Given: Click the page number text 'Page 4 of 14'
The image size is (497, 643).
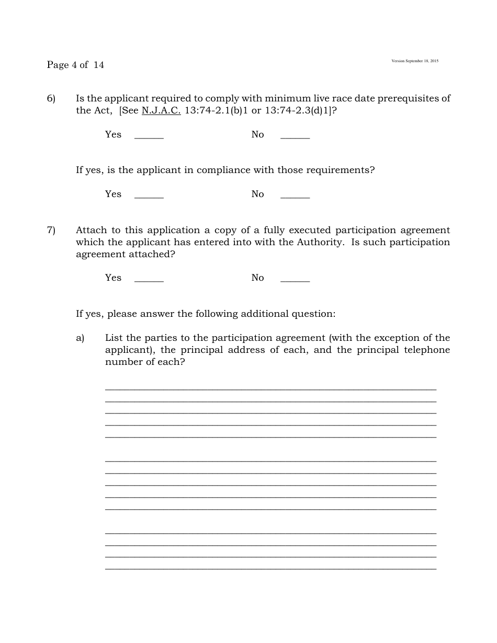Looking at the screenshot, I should coord(75,65).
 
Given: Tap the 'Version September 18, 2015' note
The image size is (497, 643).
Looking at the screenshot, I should coord(415,61).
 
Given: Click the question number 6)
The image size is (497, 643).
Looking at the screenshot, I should coord(51,98).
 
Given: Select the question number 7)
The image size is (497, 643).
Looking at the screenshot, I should coord(51,230).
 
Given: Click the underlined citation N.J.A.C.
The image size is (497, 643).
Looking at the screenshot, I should coord(161,110).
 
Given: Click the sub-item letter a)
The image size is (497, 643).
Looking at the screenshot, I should coord(80,338).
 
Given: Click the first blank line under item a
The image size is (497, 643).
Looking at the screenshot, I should coord(270,388).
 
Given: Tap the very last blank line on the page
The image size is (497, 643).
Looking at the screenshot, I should coord(270,568).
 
